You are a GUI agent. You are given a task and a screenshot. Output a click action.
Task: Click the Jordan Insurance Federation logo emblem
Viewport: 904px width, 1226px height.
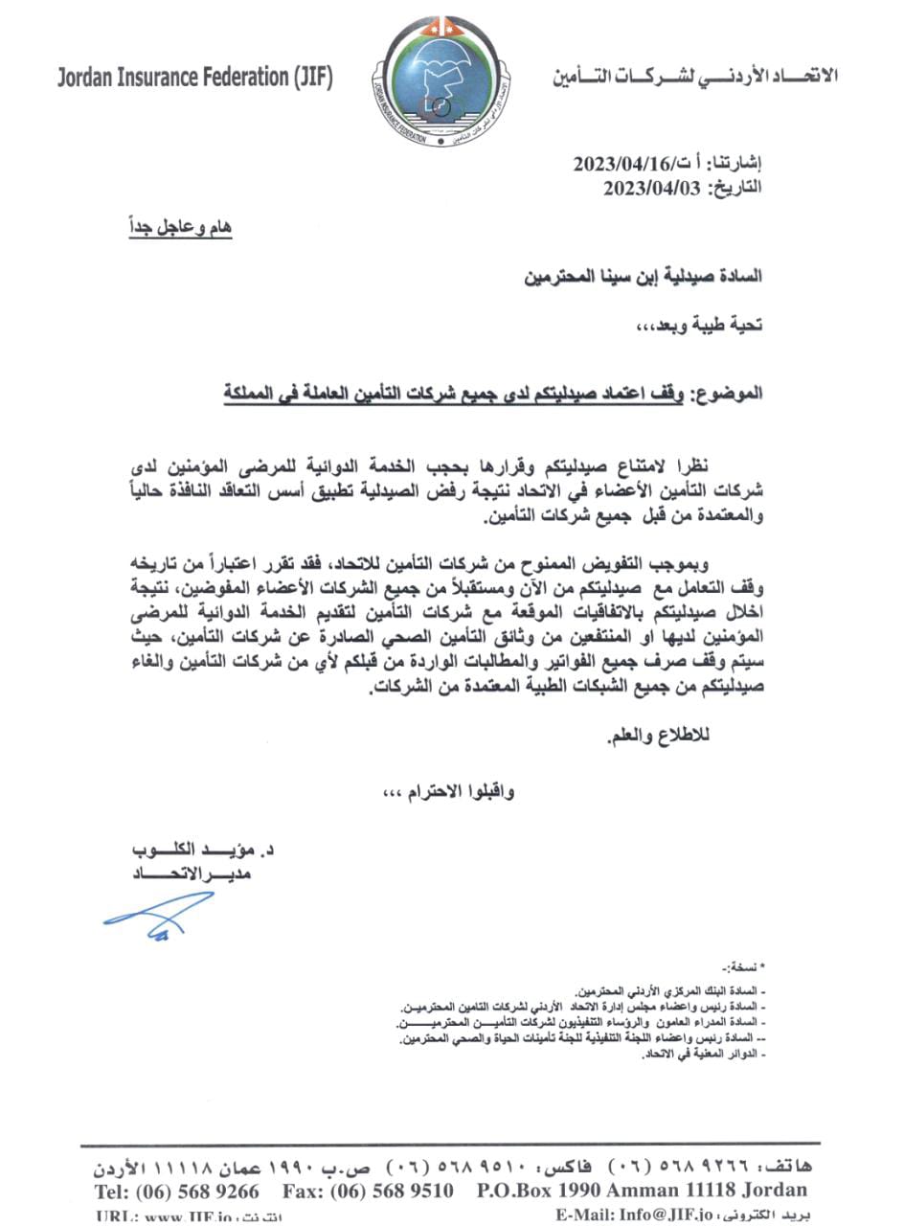tap(443, 80)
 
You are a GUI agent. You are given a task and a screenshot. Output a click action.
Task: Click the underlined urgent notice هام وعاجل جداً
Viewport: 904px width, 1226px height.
tap(181, 228)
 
